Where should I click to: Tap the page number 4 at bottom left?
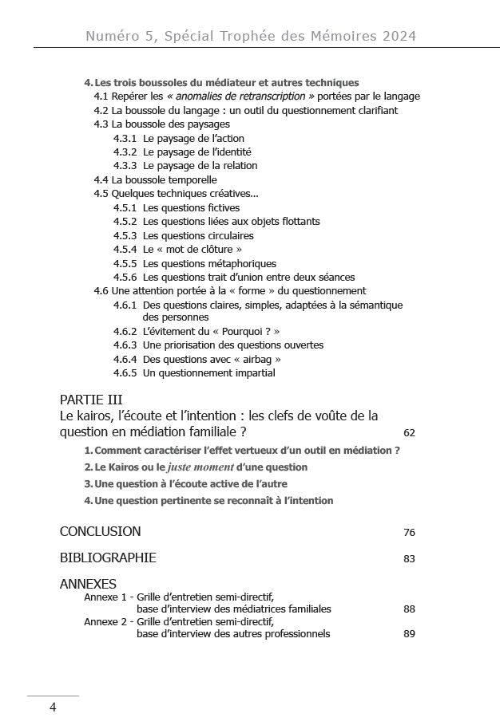coord(53,707)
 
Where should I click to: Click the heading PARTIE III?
coord(91,400)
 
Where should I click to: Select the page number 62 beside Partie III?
coord(409,433)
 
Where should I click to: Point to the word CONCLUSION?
coord(100,531)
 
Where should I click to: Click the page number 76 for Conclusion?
coord(409,533)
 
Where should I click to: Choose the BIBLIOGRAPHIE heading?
coord(108,558)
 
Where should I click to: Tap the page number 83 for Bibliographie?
coord(409,559)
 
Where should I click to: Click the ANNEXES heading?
coord(88,584)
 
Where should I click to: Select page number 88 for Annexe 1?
coord(409,609)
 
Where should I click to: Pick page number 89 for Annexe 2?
coord(409,635)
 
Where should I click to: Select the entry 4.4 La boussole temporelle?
coord(155,180)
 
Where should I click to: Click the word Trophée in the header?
coord(242,36)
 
